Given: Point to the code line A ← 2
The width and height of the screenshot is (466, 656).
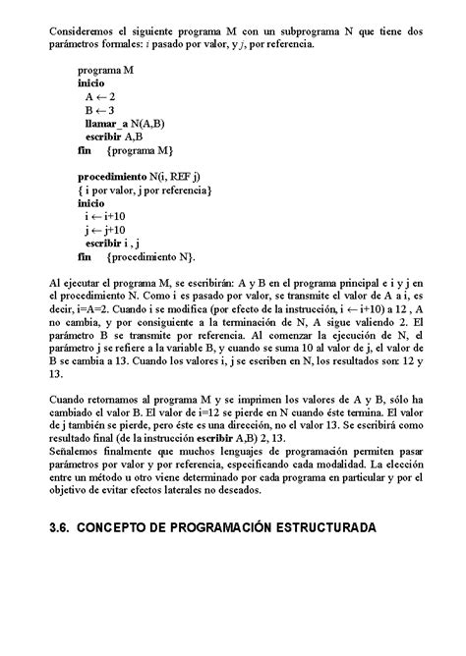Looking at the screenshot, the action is pos(100,98).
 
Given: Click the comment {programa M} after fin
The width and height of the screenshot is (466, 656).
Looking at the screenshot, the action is pos(140,150).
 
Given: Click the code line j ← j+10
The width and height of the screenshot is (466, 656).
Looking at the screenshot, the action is pos(106,227).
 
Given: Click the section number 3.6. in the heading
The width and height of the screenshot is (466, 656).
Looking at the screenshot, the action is pos(63,527).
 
